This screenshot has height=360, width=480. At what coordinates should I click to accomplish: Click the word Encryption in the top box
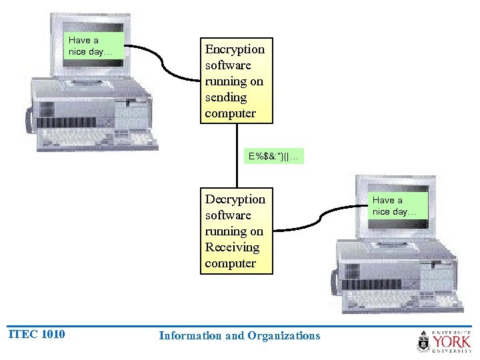click(235, 49)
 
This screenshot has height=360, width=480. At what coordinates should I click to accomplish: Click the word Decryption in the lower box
click(235, 199)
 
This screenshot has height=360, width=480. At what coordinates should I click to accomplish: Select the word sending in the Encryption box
click(226, 97)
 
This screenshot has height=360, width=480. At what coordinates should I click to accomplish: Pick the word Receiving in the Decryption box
click(232, 247)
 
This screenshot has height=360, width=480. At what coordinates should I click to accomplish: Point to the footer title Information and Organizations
click(239, 335)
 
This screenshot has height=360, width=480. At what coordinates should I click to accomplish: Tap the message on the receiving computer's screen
click(393, 206)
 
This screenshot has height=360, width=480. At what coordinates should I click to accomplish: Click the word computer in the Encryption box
click(230, 113)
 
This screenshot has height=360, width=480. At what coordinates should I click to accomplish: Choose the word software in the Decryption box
click(228, 215)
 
